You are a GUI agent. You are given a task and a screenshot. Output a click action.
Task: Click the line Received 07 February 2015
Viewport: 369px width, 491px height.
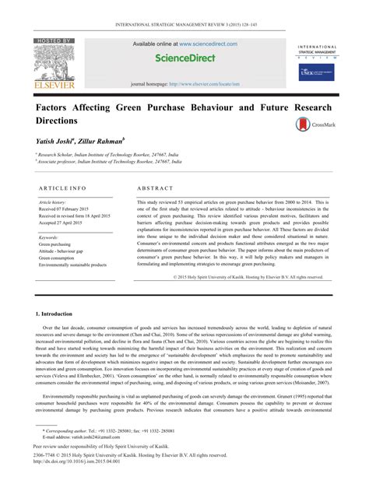point(65,209)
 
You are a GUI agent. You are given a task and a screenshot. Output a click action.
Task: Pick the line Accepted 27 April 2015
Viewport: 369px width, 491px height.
point(61,223)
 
